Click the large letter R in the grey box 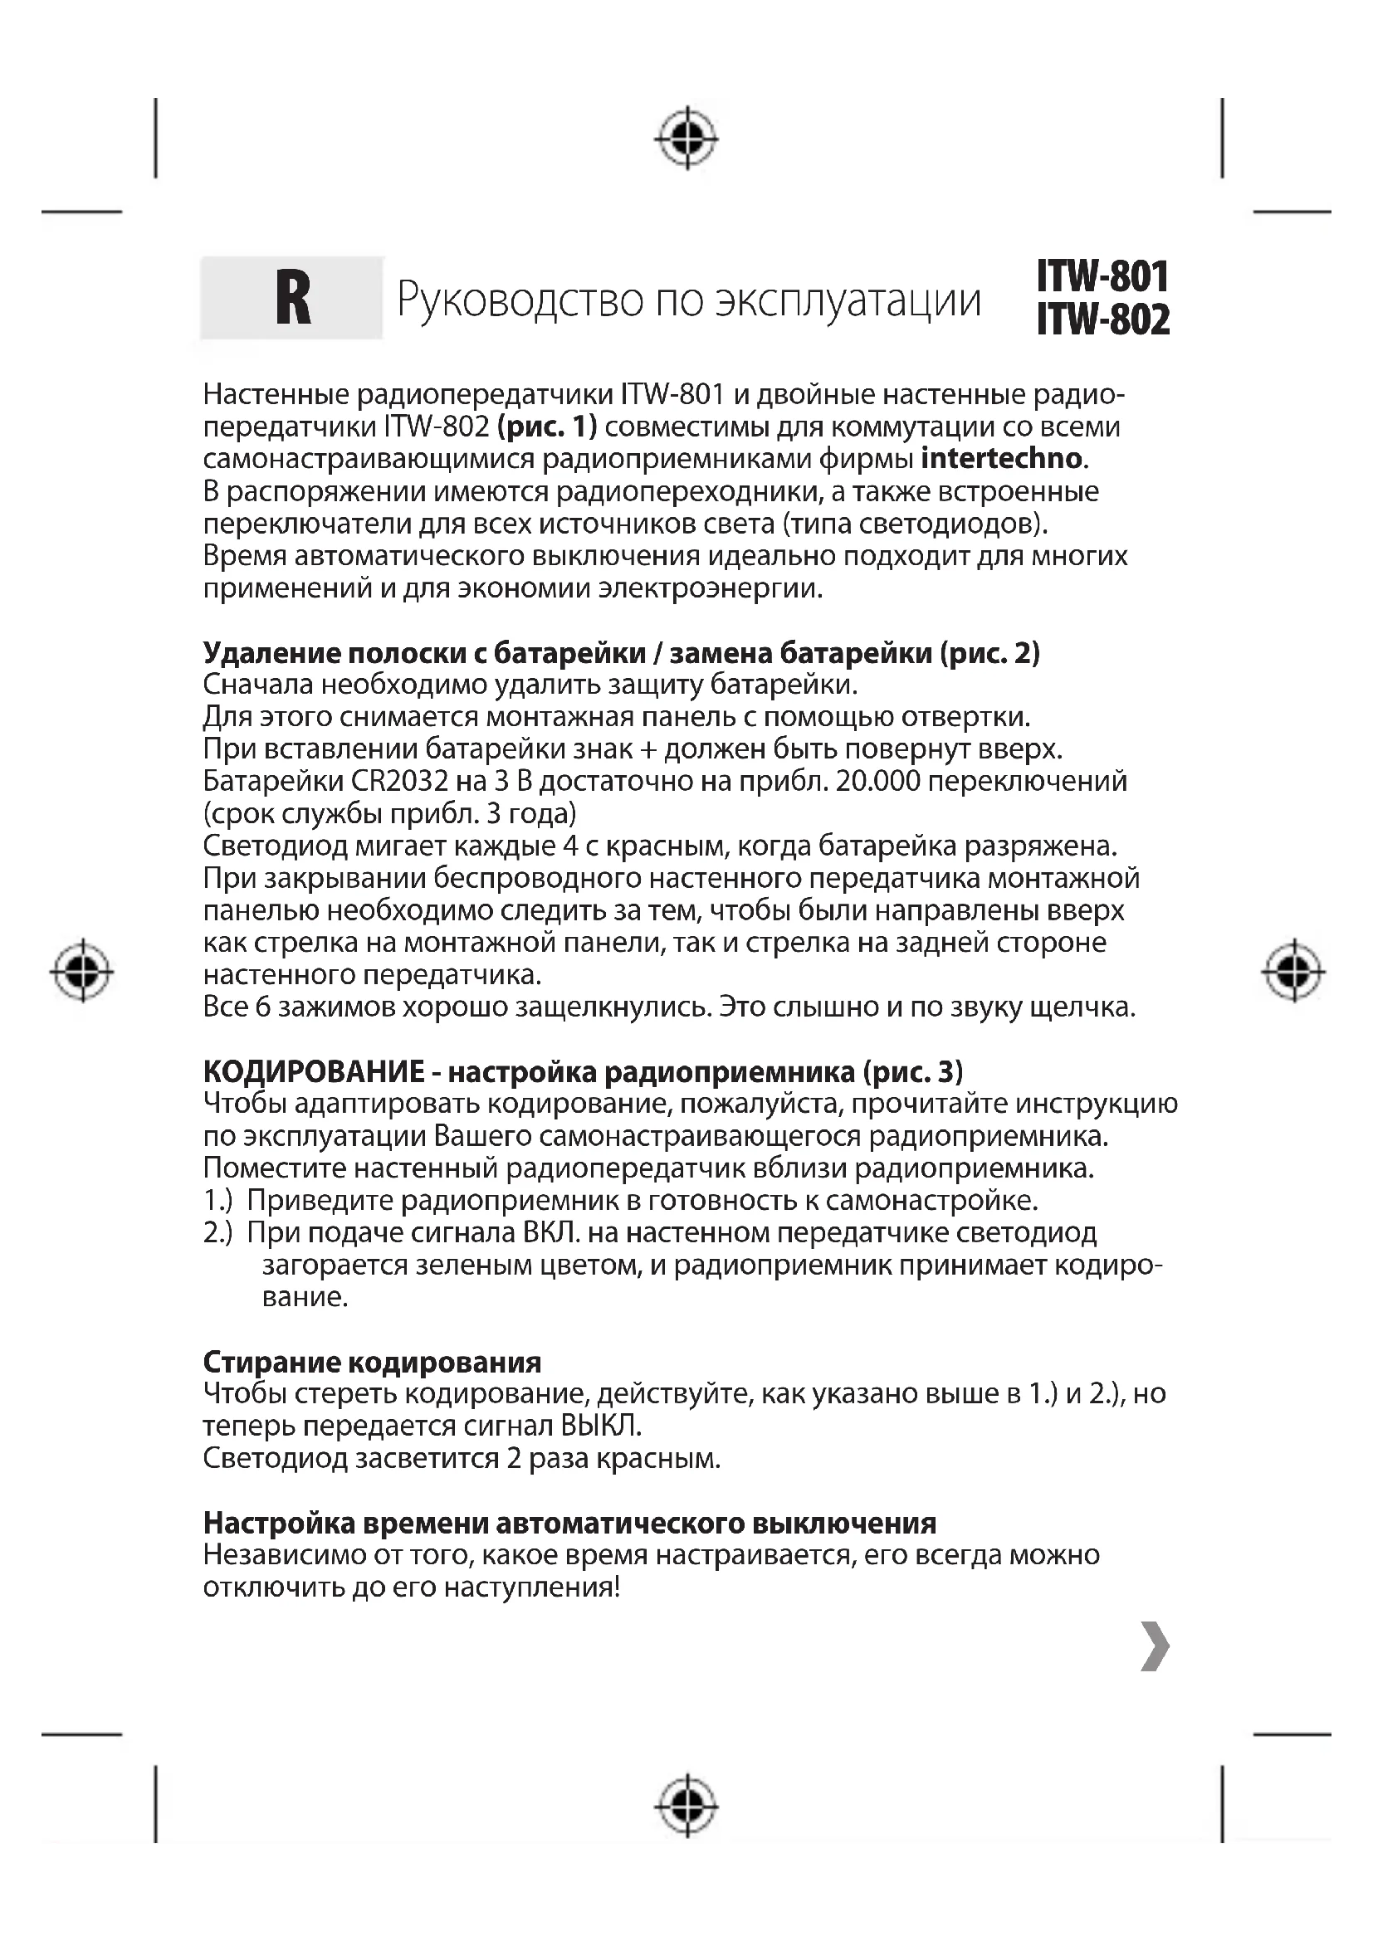(292, 300)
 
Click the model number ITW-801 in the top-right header (1102, 276)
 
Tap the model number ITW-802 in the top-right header (1102, 319)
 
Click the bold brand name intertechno (1001, 458)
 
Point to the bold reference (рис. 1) (547, 426)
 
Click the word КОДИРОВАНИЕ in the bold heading (314, 1071)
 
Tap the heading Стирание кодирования (372, 1362)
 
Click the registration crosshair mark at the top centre (686, 137)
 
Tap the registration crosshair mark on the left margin (82, 971)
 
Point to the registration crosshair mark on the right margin (1292, 972)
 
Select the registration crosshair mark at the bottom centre (686, 1806)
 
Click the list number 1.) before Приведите (218, 1201)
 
